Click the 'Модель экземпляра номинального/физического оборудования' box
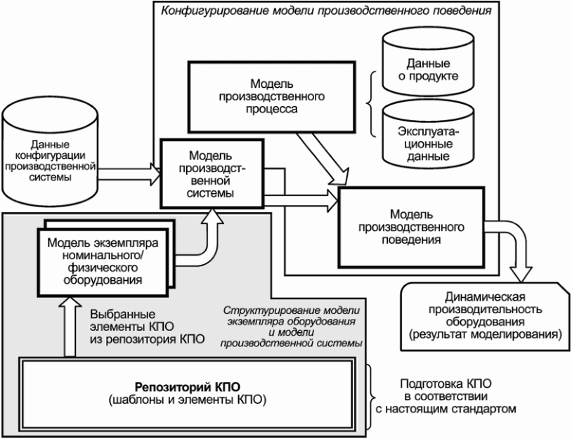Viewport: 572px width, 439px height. click(103, 258)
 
